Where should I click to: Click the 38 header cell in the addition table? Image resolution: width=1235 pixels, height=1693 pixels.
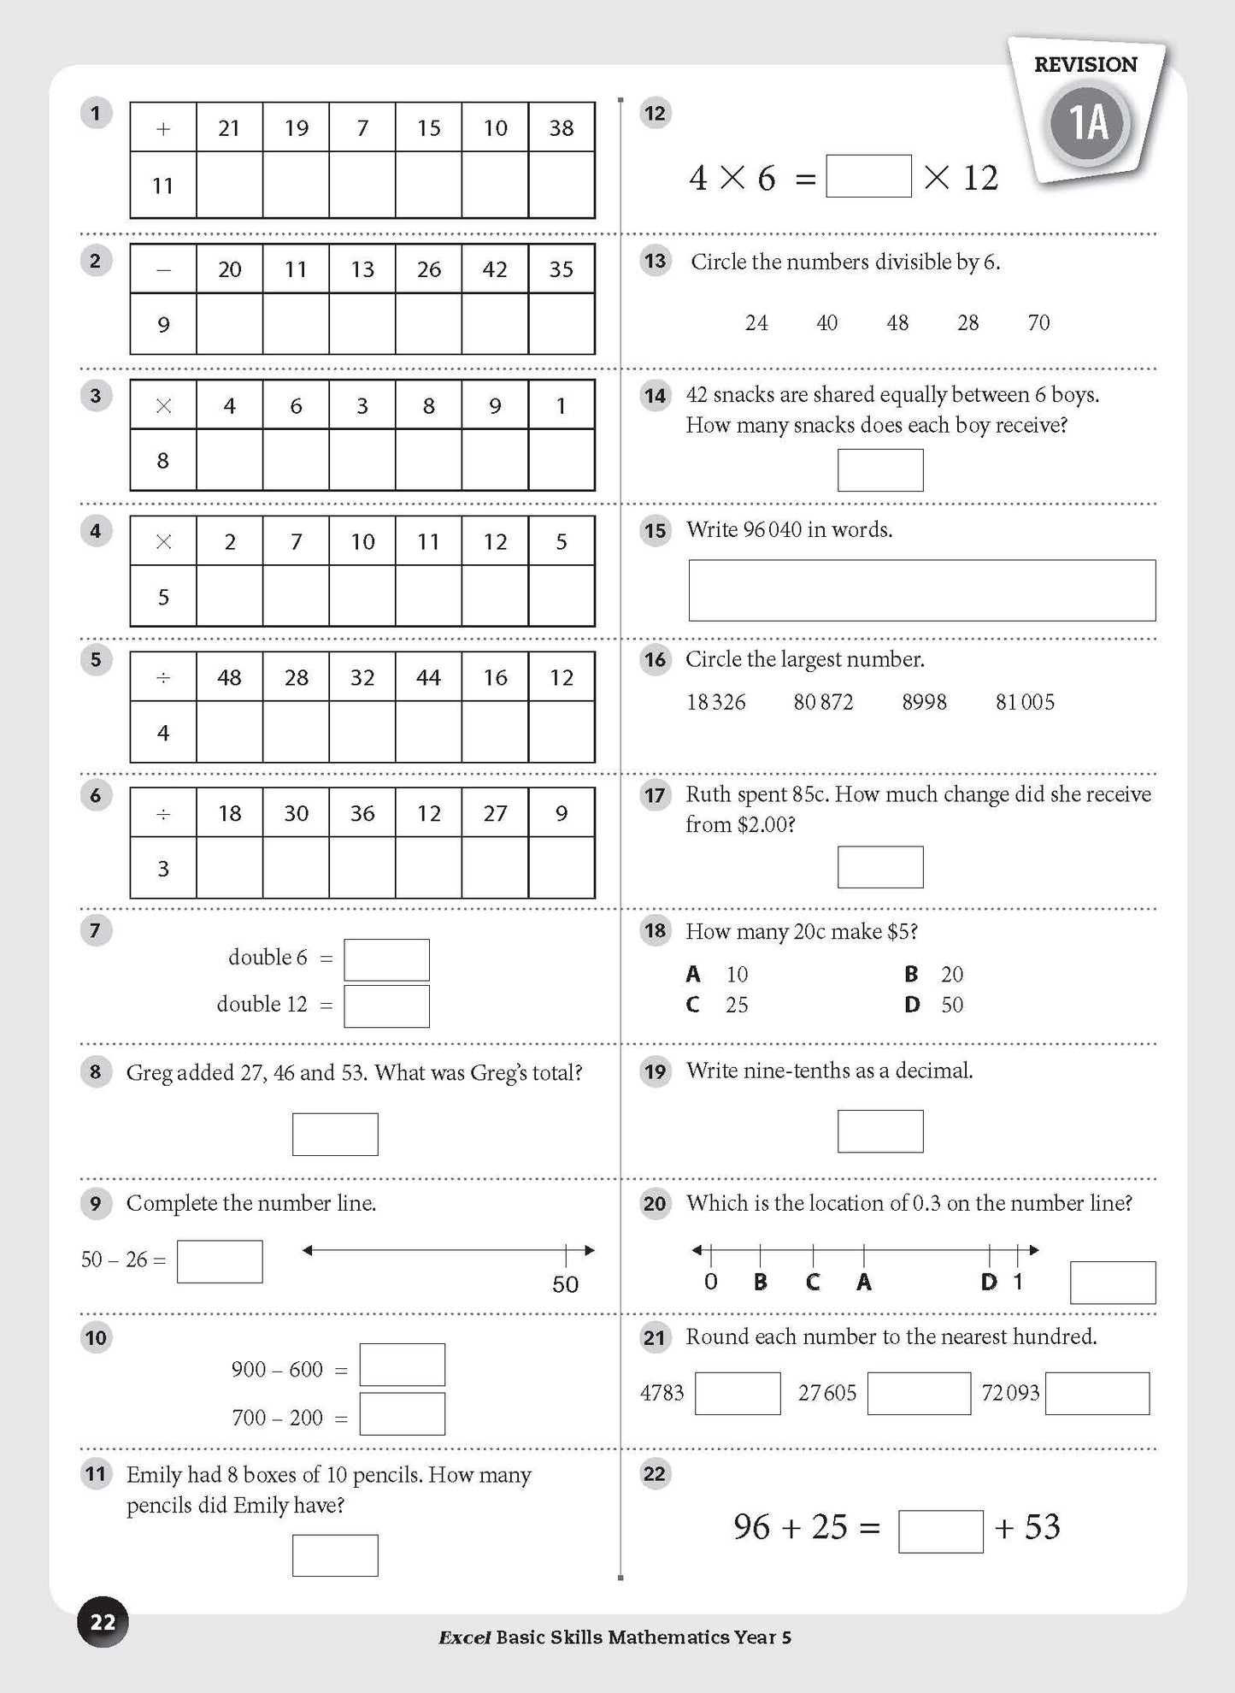tap(562, 128)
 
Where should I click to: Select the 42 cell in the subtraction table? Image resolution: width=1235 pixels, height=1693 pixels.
tap(495, 269)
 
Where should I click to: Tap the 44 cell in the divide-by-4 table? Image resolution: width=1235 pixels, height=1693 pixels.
tap(428, 678)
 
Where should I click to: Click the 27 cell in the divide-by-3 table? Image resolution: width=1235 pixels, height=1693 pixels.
tap(495, 813)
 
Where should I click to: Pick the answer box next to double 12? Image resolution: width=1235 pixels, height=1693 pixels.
tap(386, 1006)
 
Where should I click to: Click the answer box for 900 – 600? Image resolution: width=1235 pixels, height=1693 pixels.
tap(402, 1365)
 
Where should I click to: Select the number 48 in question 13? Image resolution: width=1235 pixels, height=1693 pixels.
tap(897, 323)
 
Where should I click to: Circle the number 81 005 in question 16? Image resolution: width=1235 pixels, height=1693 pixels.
tap(1025, 703)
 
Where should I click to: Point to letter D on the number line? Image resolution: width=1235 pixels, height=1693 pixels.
tap(989, 1282)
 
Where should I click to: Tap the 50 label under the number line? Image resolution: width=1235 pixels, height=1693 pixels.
tap(565, 1284)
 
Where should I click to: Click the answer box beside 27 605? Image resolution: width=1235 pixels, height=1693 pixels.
tap(919, 1394)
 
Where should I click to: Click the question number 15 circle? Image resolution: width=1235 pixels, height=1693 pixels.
tap(655, 531)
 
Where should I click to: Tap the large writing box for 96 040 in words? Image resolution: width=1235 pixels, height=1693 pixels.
tap(921, 591)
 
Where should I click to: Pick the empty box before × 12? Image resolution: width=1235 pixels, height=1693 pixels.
tap(868, 176)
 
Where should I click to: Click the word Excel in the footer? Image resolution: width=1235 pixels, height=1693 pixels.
tap(464, 1637)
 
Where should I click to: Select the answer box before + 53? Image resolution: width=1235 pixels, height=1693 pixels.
tap(940, 1531)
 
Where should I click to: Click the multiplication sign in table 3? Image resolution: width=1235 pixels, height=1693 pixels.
tap(163, 406)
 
